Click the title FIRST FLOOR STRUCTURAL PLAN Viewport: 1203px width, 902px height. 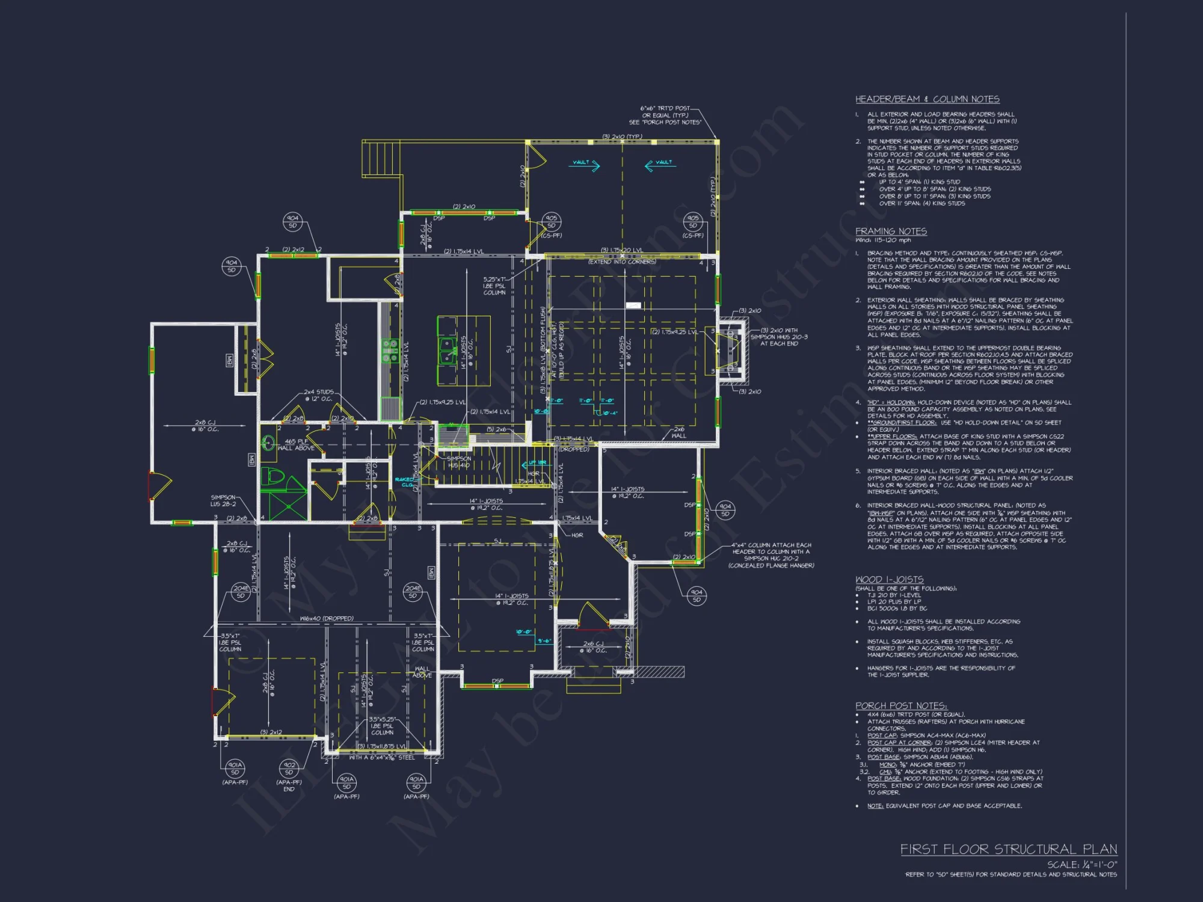(x=1008, y=849)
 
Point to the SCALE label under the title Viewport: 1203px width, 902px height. (x=1081, y=864)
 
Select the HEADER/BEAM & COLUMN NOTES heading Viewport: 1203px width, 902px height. (x=927, y=99)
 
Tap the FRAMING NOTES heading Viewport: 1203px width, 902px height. (x=891, y=232)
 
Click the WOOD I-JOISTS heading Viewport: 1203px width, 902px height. (x=889, y=579)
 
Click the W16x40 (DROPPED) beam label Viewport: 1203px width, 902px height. (x=327, y=618)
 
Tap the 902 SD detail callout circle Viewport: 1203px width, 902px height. (x=289, y=769)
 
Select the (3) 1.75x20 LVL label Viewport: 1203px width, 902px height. (x=621, y=250)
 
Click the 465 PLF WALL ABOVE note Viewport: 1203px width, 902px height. (x=296, y=444)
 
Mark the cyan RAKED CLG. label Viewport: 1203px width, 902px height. (x=404, y=482)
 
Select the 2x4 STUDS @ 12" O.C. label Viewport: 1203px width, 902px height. (x=318, y=395)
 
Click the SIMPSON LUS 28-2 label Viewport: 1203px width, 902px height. (x=223, y=500)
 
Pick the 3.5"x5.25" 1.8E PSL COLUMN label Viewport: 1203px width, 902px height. (x=382, y=726)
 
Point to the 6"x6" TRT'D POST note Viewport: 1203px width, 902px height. (x=665, y=115)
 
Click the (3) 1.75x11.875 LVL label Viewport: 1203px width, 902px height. (x=382, y=746)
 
